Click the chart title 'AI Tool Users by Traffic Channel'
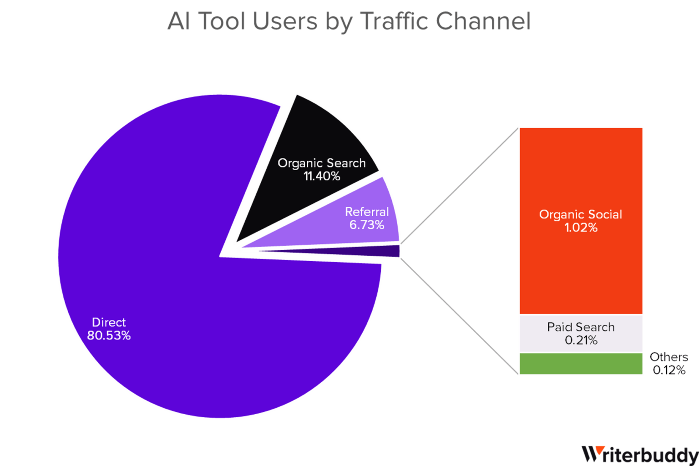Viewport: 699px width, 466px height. click(349, 22)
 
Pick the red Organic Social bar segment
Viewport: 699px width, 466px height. click(581, 221)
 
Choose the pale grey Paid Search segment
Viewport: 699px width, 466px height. click(581, 334)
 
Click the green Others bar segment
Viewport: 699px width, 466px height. click(581, 364)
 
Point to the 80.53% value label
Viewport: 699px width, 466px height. click(109, 335)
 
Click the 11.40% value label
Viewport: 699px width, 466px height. click(322, 177)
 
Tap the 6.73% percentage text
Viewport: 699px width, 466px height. click(367, 225)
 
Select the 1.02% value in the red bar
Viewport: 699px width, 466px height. click(581, 228)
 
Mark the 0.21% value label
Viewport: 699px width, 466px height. click(581, 340)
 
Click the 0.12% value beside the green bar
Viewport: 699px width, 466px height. click(669, 370)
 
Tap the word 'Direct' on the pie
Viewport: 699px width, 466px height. click(109, 322)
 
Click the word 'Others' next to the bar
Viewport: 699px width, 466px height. click(669, 357)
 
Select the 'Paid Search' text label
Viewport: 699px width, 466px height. click(581, 327)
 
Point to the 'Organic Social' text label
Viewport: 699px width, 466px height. click(581, 214)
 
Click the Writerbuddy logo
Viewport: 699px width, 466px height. click(640, 456)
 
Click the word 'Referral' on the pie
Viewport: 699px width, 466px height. click(367, 212)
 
